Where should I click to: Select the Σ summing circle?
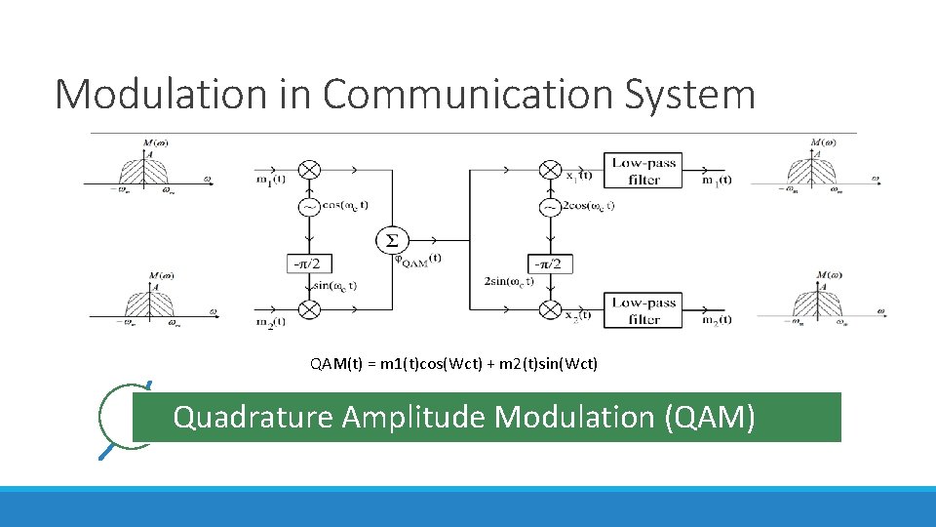coord(391,240)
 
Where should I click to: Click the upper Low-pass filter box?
coord(644,170)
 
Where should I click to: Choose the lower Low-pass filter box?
coord(644,310)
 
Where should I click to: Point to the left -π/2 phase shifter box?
coord(308,263)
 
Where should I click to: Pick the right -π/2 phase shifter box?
coord(550,263)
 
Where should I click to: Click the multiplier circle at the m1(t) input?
coord(309,169)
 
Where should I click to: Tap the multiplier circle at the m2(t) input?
coord(309,309)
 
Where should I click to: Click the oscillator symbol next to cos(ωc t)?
coord(309,207)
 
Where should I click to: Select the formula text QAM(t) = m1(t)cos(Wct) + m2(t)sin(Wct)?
coord(453,364)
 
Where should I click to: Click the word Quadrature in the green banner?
coord(253,418)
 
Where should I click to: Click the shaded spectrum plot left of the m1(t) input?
coord(144,170)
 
